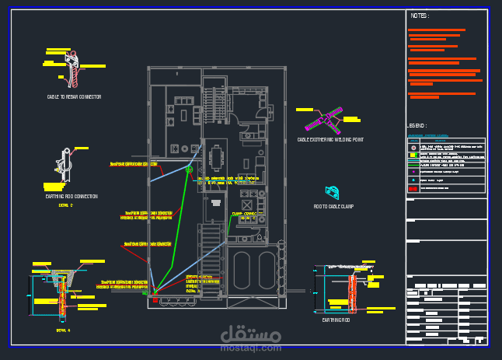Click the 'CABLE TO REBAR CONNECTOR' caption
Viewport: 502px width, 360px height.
(74, 97)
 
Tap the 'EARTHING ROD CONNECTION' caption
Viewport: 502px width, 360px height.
(71, 197)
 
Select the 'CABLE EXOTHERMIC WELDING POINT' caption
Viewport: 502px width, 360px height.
(329, 140)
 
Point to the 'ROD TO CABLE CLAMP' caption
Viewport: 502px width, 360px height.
(333, 207)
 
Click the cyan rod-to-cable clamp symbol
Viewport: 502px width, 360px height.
(333, 191)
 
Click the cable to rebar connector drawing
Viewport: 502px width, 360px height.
(73, 68)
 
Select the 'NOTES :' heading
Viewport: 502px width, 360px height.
(420, 16)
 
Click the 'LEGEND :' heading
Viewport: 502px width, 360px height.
(417, 125)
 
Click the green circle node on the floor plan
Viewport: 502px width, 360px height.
(189, 169)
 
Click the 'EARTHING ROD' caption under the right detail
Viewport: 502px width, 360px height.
(337, 320)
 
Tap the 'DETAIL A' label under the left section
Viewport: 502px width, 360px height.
(63, 330)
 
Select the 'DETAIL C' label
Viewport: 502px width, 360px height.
(65, 205)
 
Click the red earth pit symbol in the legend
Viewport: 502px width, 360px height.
(412, 188)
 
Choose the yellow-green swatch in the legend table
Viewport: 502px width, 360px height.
(412, 155)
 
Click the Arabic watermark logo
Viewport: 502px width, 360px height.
(250, 334)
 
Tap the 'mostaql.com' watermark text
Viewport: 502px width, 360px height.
(250, 348)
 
